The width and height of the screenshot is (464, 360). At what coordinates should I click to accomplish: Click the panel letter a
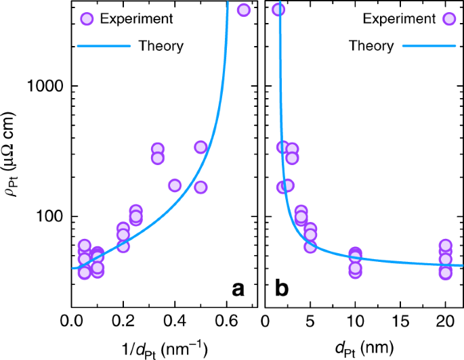click(238, 290)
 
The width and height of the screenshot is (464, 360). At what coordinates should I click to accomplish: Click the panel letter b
click(281, 290)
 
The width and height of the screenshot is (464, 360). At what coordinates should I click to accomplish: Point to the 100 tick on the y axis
click(53, 217)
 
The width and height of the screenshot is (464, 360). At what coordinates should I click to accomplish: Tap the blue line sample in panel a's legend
click(101, 46)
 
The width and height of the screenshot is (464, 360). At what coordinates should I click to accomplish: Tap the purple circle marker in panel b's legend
click(448, 18)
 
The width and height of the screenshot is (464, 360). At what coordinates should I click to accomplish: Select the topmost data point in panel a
click(244, 9)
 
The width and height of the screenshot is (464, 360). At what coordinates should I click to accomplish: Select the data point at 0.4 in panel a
click(175, 185)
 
